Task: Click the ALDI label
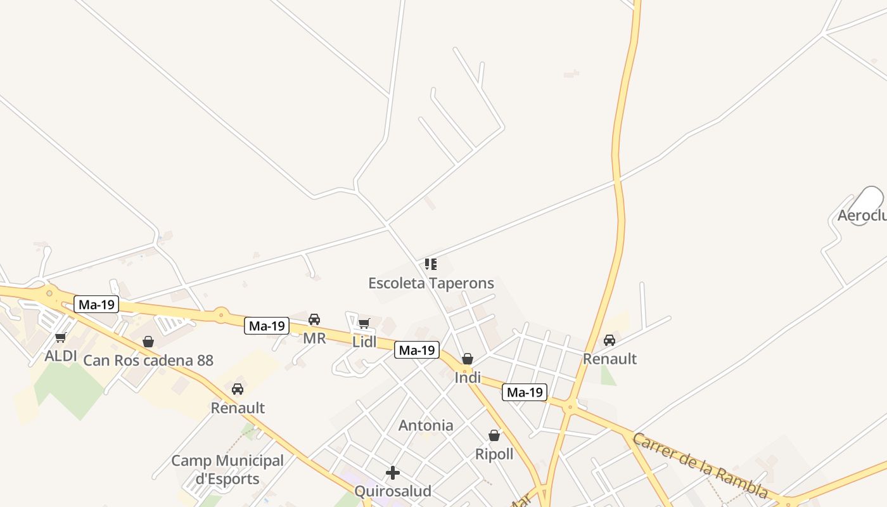click(x=61, y=356)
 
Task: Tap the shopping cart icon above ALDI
click(x=61, y=337)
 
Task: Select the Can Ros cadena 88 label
click(x=148, y=361)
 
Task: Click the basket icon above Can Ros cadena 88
click(x=148, y=342)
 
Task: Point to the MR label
click(x=314, y=338)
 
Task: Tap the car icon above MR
click(x=314, y=319)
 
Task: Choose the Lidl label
click(x=364, y=342)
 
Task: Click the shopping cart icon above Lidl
click(x=364, y=324)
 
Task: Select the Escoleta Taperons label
click(x=431, y=283)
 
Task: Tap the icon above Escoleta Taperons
click(x=431, y=264)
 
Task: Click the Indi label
click(x=468, y=378)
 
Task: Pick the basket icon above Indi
click(x=468, y=359)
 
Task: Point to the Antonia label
click(x=426, y=425)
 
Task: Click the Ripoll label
click(x=494, y=454)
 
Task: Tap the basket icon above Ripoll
click(x=494, y=435)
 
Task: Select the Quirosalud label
click(x=393, y=491)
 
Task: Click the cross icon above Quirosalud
click(x=393, y=473)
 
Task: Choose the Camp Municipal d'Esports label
click(x=227, y=470)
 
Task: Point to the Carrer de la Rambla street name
click(x=701, y=466)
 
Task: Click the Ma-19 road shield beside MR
click(x=267, y=326)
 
